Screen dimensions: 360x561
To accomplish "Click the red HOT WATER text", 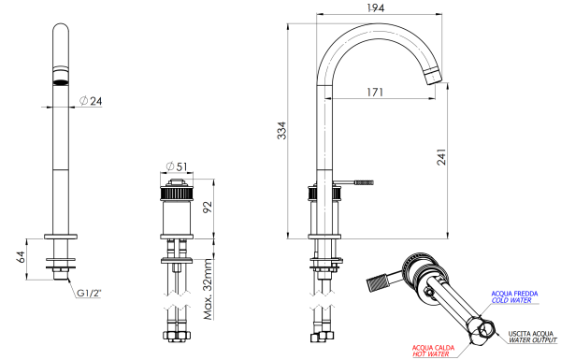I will coord(431,354).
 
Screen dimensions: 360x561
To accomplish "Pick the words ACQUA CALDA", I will coord(431,346).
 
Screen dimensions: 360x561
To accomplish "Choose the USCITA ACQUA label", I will coord(530,333).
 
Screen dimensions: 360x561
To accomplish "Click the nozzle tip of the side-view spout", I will coord(435,76).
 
